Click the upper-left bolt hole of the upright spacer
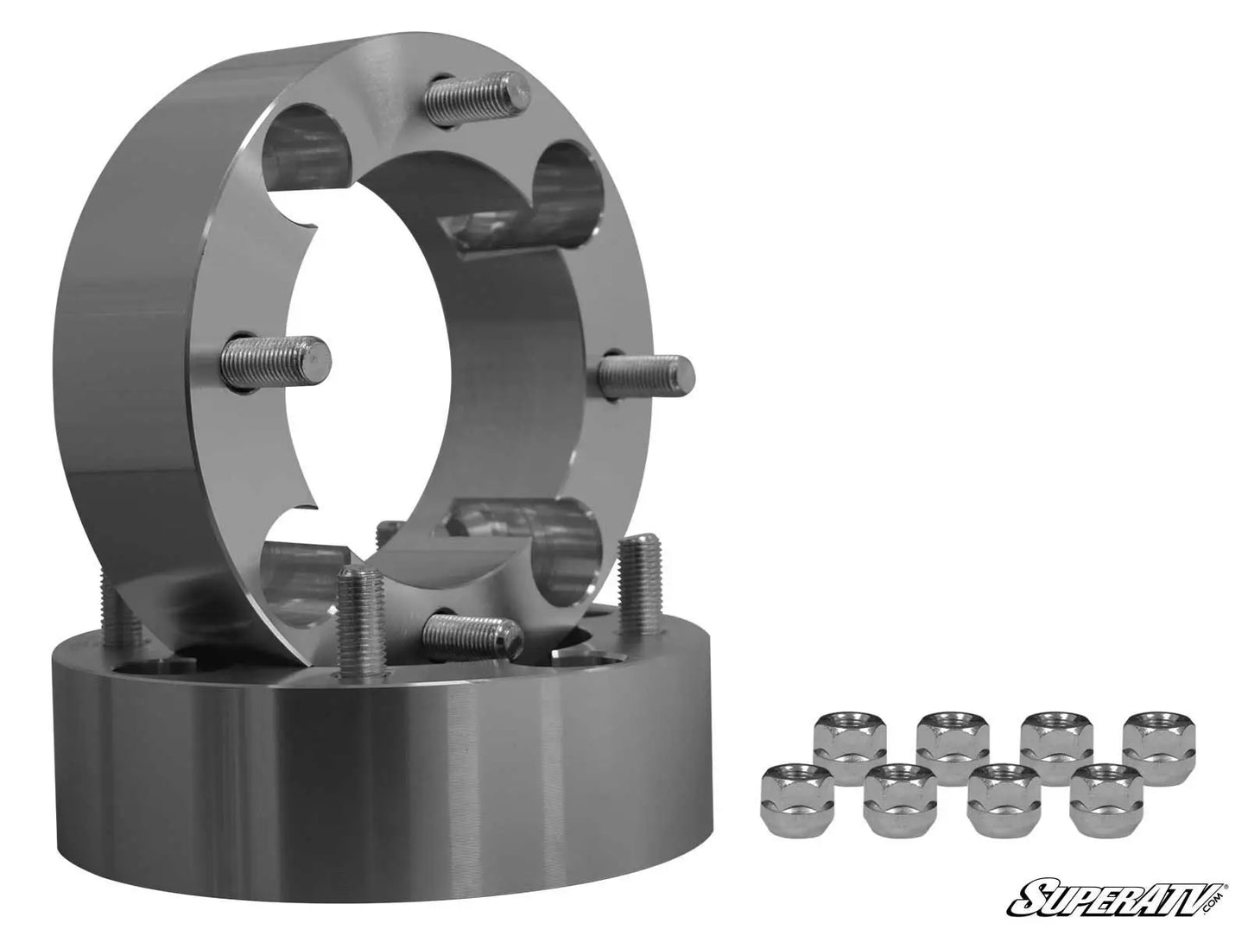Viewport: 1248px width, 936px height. click(x=307, y=151)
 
